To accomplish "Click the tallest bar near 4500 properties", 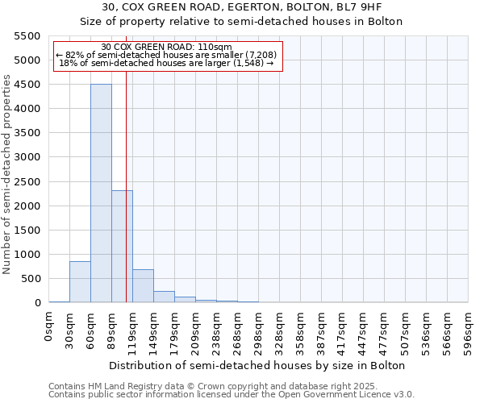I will [101, 193].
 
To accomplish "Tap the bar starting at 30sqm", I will [80, 282].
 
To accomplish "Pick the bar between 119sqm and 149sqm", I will [143, 286].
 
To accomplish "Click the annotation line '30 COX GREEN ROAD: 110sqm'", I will [168, 47].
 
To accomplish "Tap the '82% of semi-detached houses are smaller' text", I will [166, 55].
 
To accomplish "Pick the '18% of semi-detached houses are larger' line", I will [166, 63].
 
